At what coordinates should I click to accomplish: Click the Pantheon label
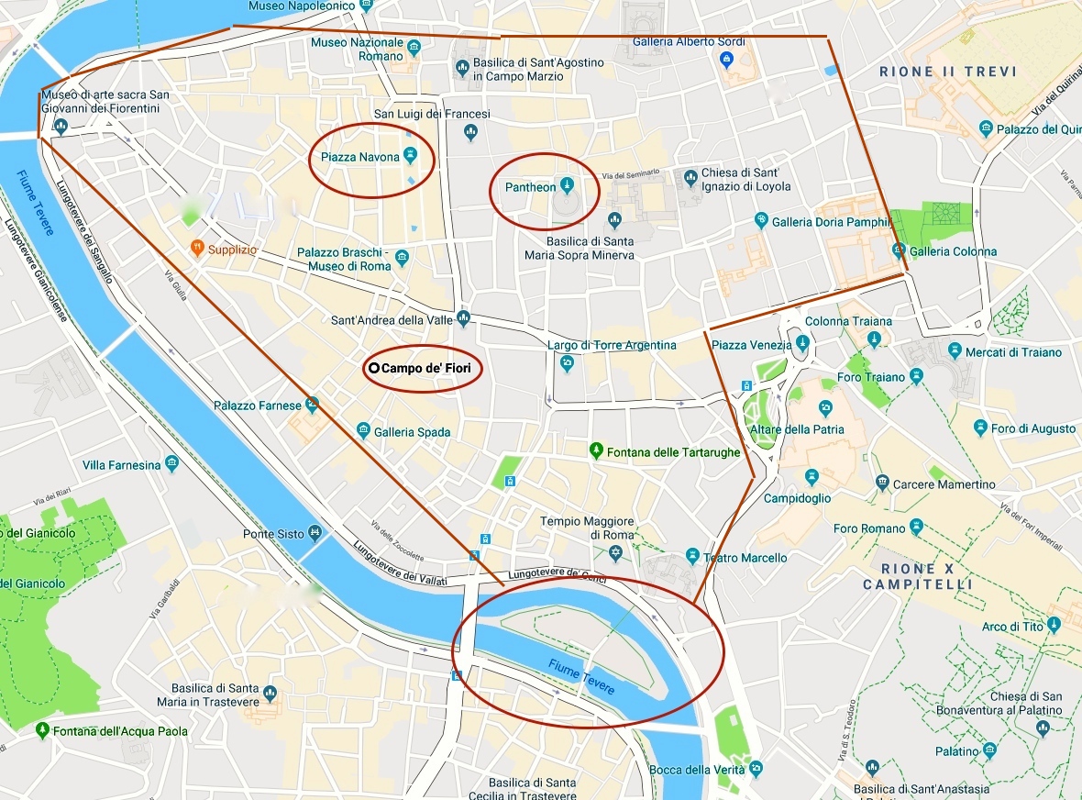531,187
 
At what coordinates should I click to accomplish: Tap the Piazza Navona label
359,157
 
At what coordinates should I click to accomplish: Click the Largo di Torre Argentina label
612,345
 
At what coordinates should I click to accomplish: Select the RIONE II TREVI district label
948,72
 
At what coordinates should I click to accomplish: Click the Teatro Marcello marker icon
692,557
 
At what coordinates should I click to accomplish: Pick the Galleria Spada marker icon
363,431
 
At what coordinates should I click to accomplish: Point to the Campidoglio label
797,498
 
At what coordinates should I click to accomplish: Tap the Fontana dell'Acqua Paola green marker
42,730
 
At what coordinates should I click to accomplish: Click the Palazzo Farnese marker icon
313,403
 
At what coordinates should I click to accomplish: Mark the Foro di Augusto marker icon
980,428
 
